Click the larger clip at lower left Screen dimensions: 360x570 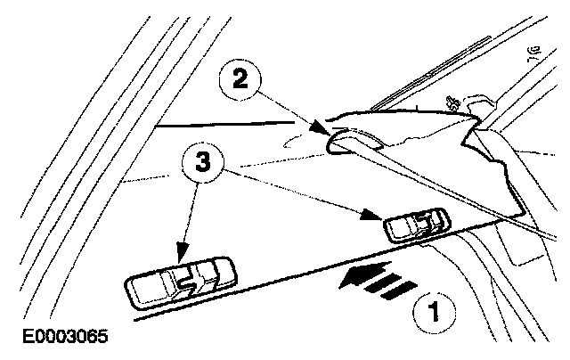pyautogui.click(x=181, y=281)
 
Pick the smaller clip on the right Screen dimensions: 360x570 pyautogui.click(x=416, y=226)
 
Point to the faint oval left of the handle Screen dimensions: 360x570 pyautogui.click(x=299, y=140)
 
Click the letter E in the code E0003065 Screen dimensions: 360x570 pyautogui.click(x=7, y=340)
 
